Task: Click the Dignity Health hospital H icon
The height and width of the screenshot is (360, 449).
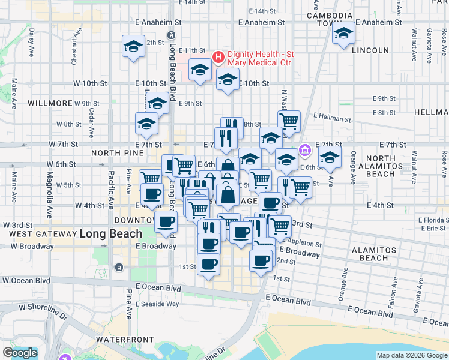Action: [x=218, y=58]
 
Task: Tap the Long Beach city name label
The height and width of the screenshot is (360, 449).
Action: [x=110, y=234]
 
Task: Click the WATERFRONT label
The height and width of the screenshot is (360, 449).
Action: [x=125, y=340]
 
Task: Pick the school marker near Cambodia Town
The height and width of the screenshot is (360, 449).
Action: [x=343, y=35]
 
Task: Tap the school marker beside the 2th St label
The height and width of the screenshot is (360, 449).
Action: [x=133, y=47]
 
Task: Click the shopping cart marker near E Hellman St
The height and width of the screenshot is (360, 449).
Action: [x=289, y=122]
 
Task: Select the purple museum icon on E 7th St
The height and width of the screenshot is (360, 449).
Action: [x=305, y=149]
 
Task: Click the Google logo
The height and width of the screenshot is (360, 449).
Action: [x=20, y=353]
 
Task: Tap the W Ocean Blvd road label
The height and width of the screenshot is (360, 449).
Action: [x=26, y=280]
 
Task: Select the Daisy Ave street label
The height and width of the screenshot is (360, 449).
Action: [x=31, y=39]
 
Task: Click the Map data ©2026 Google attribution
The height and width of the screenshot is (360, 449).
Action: [x=412, y=355]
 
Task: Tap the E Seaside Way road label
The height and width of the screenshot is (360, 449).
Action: [x=157, y=304]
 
